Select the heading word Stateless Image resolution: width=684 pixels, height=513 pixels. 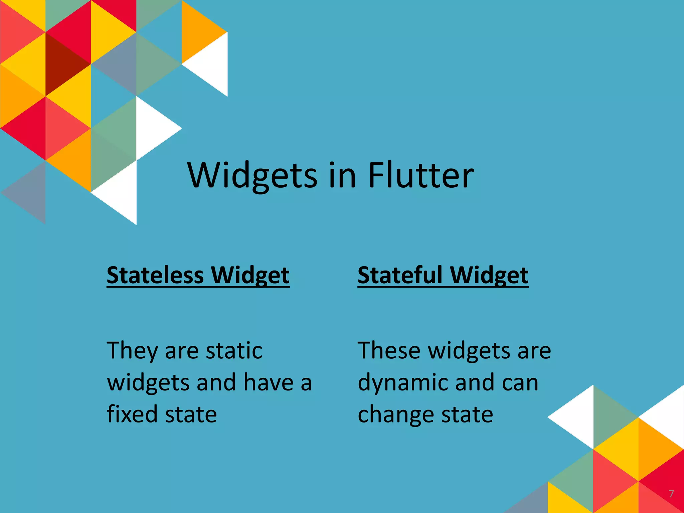click(x=155, y=276)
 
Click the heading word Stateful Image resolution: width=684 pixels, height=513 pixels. click(x=400, y=276)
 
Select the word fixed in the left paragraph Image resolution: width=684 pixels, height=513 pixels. click(x=132, y=414)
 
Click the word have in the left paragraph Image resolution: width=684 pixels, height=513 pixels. click(x=269, y=382)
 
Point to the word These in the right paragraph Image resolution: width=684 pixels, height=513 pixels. click(x=389, y=351)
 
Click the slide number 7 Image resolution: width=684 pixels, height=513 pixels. click(x=671, y=494)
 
